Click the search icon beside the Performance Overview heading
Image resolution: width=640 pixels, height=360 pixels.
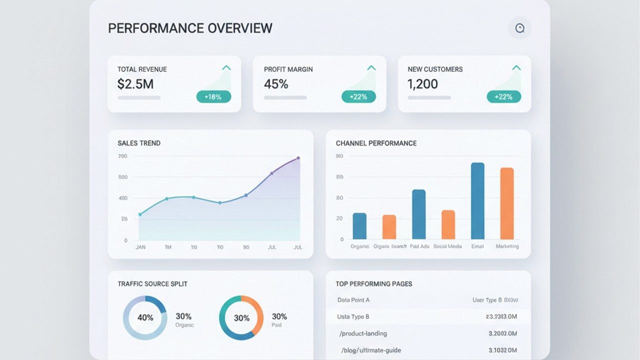tap(519, 28)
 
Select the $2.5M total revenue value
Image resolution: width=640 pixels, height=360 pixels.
tap(135, 84)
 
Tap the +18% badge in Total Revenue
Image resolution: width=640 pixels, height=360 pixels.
tap(213, 97)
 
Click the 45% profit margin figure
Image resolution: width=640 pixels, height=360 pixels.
tap(276, 84)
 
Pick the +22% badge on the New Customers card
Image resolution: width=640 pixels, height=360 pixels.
tap(503, 97)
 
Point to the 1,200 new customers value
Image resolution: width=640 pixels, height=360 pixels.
tap(422, 84)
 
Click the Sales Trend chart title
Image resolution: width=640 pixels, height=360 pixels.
tap(139, 143)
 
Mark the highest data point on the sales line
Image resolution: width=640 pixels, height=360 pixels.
tap(298, 158)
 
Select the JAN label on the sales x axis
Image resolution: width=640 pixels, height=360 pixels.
tap(141, 247)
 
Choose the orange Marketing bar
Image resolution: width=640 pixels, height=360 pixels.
tap(507, 203)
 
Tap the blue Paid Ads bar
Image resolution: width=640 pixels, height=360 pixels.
tap(418, 214)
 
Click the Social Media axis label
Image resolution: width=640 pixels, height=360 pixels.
tap(448, 246)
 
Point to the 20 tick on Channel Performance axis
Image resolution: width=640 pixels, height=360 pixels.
tap(340, 218)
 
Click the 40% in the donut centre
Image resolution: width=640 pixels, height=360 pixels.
tap(145, 317)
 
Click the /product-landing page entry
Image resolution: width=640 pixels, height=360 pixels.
tap(363, 333)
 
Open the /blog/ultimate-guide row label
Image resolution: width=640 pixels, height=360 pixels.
tap(371, 350)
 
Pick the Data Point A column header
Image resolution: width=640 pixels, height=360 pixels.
tap(353, 300)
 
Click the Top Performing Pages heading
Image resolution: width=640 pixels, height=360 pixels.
tap(374, 283)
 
